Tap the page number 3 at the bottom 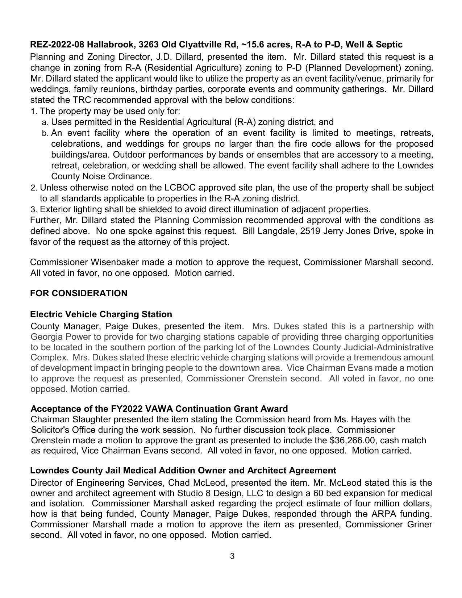click(x=232, y=556)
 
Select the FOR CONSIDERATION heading click(x=79, y=293)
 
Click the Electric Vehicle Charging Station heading click(x=101, y=314)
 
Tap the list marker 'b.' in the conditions click(x=45, y=133)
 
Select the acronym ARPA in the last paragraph click(x=383, y=514)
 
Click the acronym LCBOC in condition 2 click(x=180, y=188)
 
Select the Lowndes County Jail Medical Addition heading click(x=183, y=471)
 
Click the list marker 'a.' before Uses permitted click(x=45, y=122)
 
